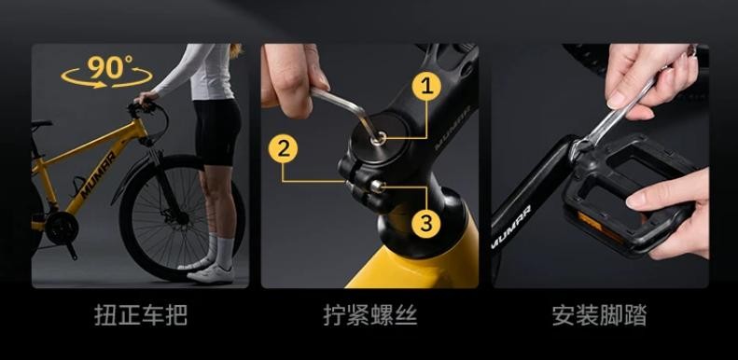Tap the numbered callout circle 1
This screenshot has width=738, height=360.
coord(426,86)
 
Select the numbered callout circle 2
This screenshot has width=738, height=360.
coord(283,148)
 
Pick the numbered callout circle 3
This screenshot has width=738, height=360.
coord(426,223)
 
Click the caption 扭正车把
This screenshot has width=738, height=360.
coord(140,315)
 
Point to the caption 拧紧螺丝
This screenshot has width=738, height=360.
coord(370,315)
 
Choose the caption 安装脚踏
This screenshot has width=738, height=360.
coord(599,315)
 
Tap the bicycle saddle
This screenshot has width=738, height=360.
coord(41,125)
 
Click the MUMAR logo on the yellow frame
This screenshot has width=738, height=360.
coord(98,174)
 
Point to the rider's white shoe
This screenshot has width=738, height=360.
coord(211,274)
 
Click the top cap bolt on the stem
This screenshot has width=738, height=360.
coord(379,138)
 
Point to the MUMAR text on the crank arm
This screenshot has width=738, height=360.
coord(510,227)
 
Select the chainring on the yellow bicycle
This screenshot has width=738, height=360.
coord(62,228)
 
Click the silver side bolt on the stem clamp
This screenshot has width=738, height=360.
coord(378,187)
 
